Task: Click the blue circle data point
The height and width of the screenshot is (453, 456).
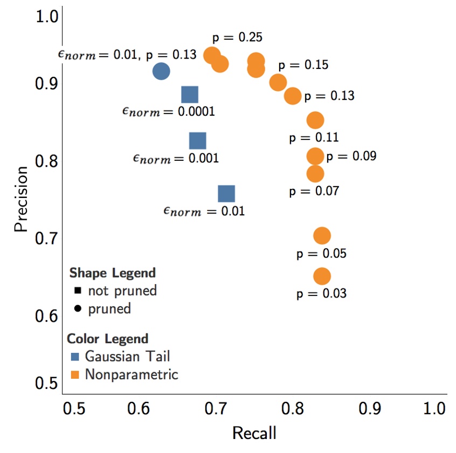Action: [161, 71]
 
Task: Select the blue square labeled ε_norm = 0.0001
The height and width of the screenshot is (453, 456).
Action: [189, 95]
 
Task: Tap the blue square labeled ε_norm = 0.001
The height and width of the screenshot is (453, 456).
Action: [198, 141]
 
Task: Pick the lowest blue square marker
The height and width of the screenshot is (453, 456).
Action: [226, 194]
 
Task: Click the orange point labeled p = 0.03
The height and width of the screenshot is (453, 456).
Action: [322, 277]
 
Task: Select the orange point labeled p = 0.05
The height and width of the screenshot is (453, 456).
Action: [322, 236]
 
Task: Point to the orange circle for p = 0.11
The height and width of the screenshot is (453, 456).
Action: [315, 120]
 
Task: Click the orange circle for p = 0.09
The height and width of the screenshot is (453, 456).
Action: [315, 157]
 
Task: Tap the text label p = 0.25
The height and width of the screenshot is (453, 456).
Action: [238, 38]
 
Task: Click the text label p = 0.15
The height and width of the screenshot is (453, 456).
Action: [303, 65]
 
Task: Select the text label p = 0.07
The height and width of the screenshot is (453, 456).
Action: [314, 191]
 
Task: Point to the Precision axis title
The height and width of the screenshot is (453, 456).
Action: [21, 199]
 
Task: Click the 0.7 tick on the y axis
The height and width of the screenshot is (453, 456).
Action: [46, 238]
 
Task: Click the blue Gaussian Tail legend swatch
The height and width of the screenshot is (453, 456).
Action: [75, 357]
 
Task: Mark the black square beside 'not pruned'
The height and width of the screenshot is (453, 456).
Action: [78, 291]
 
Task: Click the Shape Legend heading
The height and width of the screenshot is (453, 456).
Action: [112, 272]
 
